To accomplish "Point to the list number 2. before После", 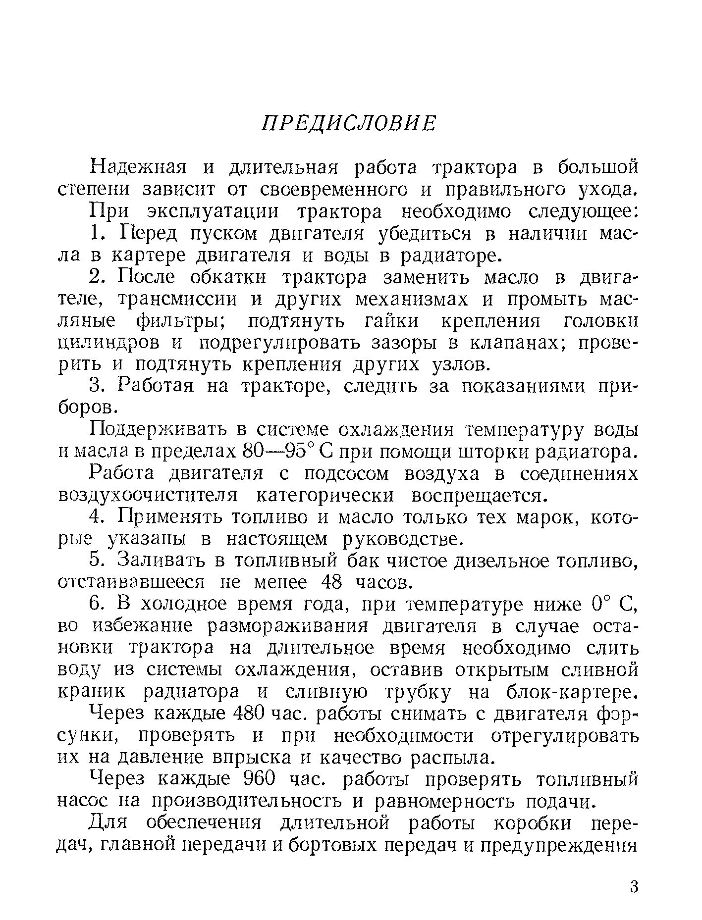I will (98, 278).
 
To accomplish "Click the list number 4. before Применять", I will (98, 517).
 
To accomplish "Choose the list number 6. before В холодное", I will (98, 605).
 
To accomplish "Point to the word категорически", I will (327, 496).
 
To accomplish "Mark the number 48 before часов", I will (332, 583).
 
